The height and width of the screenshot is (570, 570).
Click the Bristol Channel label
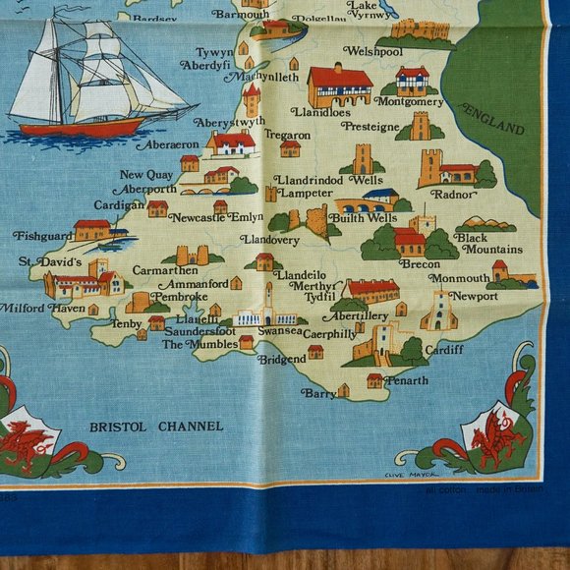(x=156, y=427)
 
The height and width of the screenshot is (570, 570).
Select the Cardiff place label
(x=445, y=348)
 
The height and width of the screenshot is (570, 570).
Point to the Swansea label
(x=279, y=332)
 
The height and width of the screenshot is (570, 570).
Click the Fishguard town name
(x=43, y=236)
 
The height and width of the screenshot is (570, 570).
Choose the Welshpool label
(x=372, y=51)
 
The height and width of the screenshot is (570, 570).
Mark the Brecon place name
(x=420, y=263)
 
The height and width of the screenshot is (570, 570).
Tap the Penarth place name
(x=407, y=380)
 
